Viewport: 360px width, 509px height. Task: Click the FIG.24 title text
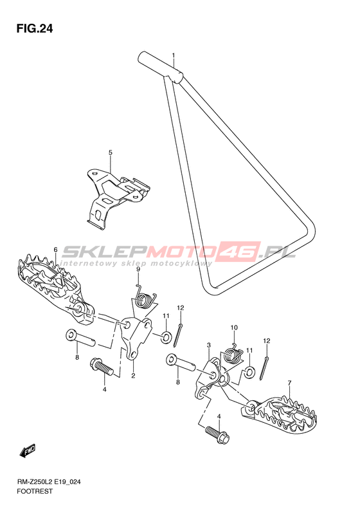tap(34, 29)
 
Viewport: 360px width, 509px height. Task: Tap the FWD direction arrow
tap(28, 451)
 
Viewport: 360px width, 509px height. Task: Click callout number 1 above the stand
tap(174, 55)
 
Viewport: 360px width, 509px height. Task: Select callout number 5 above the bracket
tap(111, 153)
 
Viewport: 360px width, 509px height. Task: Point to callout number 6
tap(55, 249)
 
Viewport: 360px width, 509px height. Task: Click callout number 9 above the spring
tap(138, 270)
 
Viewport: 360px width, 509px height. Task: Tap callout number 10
tap(234, 328)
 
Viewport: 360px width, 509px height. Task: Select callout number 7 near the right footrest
tap(289, 383)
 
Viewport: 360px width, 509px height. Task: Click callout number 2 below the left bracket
tap(133, 376)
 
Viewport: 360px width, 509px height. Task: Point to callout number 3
tap(209, 345)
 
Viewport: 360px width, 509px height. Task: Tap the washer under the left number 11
tap(166, 337)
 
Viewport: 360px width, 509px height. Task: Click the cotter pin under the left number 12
tap(178, 335)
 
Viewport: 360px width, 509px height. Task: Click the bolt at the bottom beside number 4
tap(218, 434)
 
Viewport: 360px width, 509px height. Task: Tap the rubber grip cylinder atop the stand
tap(161, 68)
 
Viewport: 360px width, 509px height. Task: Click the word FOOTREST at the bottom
tap(34, 491)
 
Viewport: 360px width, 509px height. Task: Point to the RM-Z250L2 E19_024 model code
tap(48, 482)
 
